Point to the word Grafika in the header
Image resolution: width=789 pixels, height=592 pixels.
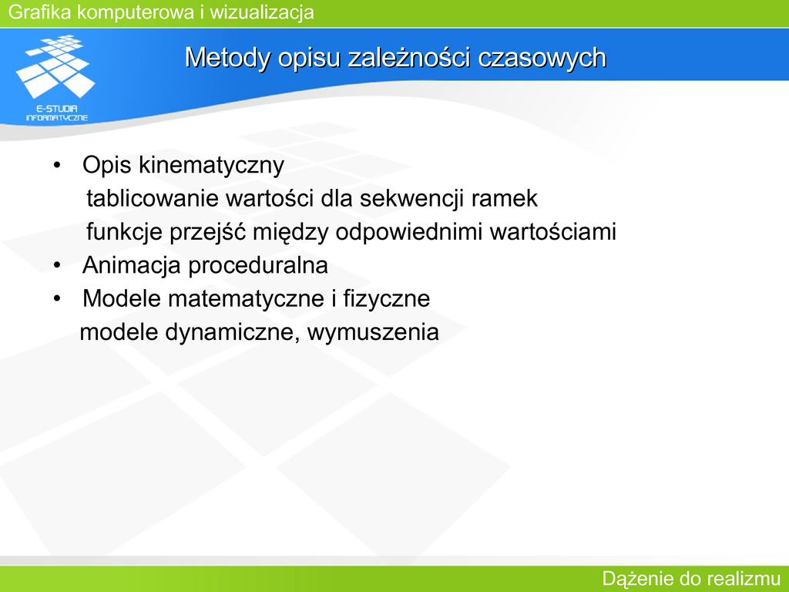[40, 12]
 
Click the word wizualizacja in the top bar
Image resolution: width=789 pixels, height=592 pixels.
[262, 12]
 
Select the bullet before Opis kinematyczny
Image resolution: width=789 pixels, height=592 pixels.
[57, 165]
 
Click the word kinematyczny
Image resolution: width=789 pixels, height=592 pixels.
[211, 166]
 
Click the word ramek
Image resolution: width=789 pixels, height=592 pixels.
[505, 198]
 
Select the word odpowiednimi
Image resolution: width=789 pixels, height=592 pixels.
[409, 232]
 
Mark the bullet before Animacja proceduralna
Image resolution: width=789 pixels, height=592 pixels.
[57, 265]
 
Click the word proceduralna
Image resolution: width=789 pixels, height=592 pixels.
[258, 265]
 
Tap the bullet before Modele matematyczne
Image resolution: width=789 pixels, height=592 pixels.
[57, 298]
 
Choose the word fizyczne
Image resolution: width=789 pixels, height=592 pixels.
[387, 299]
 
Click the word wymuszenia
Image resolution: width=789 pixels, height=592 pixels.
[373, 333]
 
